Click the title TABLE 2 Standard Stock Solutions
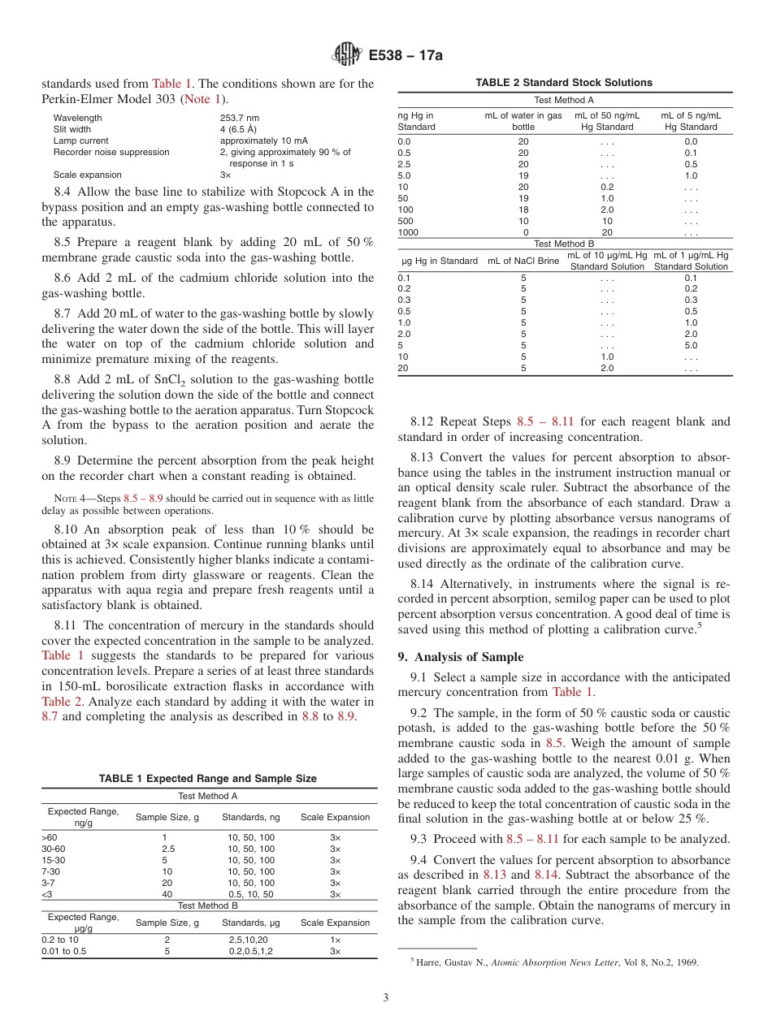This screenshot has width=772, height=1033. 564,83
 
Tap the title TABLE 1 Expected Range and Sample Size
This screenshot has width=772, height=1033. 208,779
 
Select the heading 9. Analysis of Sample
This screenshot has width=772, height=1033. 461,657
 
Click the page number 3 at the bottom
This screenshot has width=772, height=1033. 386,997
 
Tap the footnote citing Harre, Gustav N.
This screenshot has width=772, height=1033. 557,962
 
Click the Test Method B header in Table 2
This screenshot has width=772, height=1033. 564,244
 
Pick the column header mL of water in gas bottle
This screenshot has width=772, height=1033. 523,121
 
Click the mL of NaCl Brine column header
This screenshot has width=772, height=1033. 523,261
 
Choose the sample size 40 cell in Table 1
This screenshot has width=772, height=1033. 167,894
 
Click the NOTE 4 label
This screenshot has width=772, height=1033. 59,498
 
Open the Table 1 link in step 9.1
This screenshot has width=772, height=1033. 572,692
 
